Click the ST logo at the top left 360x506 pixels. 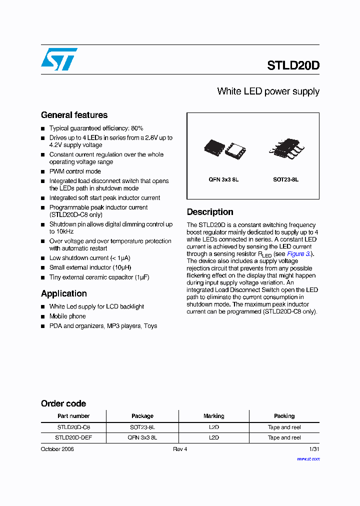click(59, 59)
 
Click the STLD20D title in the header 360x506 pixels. click(293, 65)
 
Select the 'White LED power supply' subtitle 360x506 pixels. click(268, 91)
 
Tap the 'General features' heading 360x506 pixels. click(74, 115)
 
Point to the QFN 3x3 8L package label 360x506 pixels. click(223, 179)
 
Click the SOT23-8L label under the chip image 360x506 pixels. click(285, 179)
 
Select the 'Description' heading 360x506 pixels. click(210, 212)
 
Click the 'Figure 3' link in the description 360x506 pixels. click(299, 254)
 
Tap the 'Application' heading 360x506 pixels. click(64, 293)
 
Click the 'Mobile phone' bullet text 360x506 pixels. click(67, 316)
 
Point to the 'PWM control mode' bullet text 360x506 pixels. click(75, 171)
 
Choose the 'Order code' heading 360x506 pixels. click(63, 403)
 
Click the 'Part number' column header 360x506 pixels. click(73, 416)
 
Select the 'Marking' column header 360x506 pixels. click(214, 416)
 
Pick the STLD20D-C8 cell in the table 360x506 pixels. click(73, 427)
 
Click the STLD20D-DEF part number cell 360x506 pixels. click(73, 437)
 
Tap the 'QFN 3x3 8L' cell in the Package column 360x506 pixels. click(142, 437)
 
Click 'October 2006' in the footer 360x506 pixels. click(57, 449)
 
